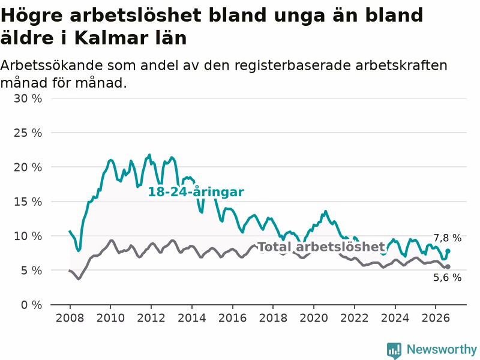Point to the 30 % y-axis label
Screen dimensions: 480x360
point(28,98)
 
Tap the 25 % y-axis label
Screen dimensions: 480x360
point(28,133)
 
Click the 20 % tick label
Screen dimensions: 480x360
point(28,167)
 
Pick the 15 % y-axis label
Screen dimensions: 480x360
point(28,202)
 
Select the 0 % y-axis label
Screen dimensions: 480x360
point(32,305)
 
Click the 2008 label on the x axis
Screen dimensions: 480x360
point(70,318)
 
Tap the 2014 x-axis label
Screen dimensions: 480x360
point(192,318)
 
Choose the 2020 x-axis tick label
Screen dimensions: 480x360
point(314,318)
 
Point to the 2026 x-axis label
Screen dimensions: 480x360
point(436,318)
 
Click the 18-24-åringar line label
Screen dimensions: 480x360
point(196,192)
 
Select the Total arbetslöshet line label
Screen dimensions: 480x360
point(322,247)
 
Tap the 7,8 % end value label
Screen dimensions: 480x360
point(447,238)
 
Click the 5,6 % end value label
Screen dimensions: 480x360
point(447,277)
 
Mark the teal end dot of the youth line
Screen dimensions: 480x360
point(448,251)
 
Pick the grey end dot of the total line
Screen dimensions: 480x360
point(448,266)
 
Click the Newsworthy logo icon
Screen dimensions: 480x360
point(394,350)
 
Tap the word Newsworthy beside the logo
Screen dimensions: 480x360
point(442,349)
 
